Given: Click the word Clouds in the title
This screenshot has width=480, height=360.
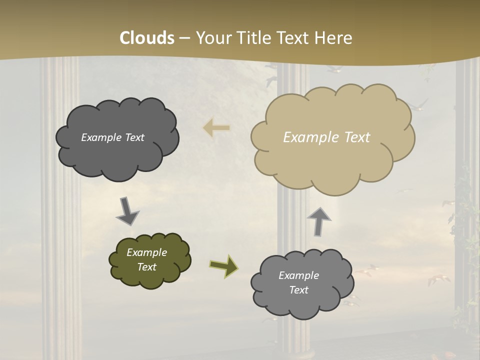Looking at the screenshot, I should click(147, 38).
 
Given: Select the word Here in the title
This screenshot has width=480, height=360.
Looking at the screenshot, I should click(334, 38).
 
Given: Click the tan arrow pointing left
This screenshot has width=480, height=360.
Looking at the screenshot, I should click(216, 128).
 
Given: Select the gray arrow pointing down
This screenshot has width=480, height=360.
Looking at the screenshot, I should click(127, 210).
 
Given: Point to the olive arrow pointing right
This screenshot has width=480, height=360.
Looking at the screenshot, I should click(223, 265).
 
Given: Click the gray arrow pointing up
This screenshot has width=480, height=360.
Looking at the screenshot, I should click(319, 221).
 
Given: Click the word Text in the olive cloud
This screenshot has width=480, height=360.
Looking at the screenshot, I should click(147, 267).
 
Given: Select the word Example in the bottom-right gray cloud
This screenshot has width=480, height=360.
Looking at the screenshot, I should click(298, 275).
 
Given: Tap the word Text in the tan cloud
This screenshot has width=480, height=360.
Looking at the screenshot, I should click(356, 137).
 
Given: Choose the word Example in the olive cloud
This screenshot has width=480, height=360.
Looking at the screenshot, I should click(146, 252).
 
